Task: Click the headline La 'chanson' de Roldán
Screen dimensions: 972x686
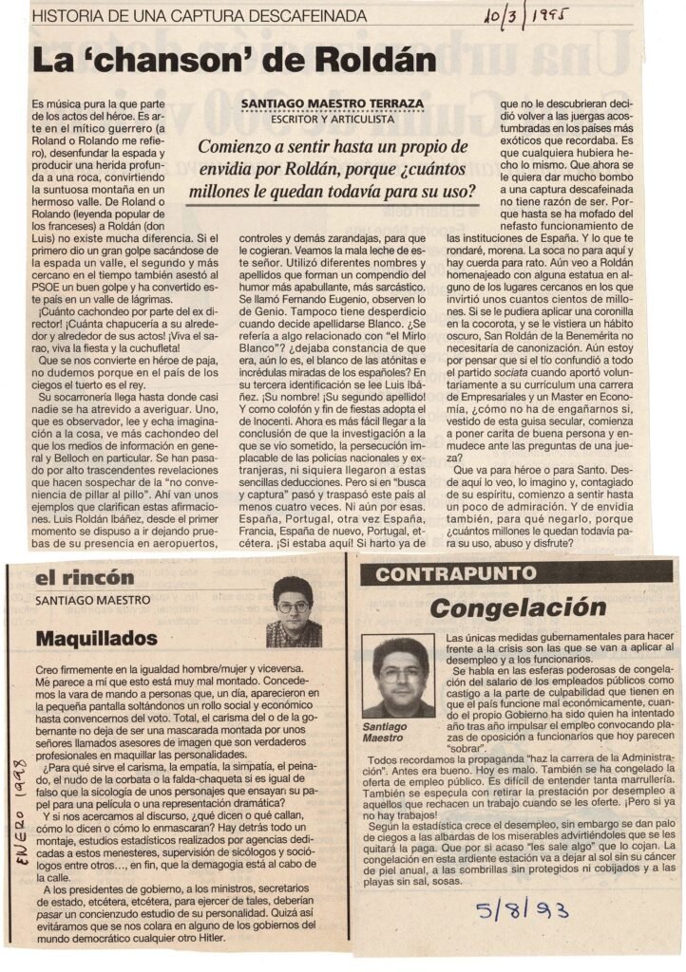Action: tap(233, 60)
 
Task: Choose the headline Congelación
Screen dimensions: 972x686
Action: tap(517, 607)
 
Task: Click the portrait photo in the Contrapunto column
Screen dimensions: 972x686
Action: tap(398, 676)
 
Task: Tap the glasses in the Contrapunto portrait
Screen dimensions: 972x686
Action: tap(398, 674)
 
